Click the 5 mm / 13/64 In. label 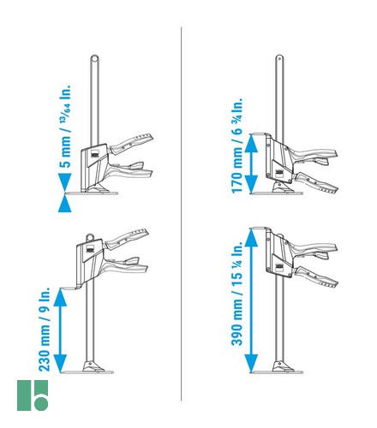coord(65,126)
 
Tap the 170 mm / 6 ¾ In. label coord(237,146)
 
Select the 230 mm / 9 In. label coord(45,330)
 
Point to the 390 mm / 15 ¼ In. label coord(237,294)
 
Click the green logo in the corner coord(33,395)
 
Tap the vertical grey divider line coord(181,214)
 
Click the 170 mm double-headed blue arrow coord(252,163)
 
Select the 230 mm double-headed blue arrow coord(60,330)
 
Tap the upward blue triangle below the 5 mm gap coord(65,204)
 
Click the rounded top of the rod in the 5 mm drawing coord(95,58)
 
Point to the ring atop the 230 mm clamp coord(90,237)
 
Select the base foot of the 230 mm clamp coord(89,368)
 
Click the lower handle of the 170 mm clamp coord(316,182)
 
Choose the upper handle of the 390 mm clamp coord(313,248)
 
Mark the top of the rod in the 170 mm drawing coord(279,58)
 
